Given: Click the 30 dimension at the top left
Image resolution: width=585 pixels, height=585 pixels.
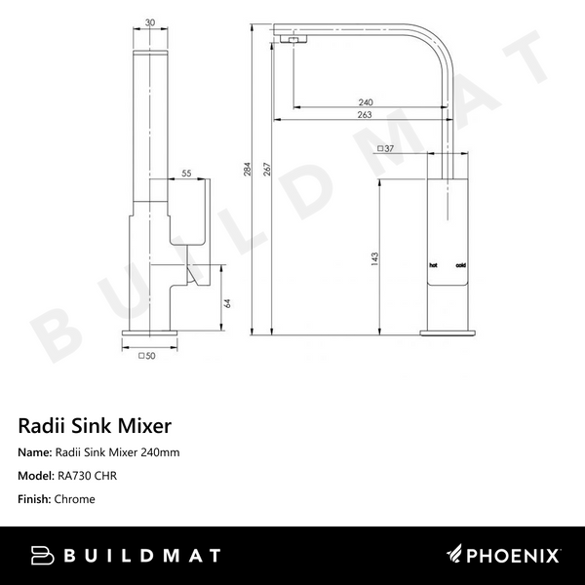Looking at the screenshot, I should pos(149,22).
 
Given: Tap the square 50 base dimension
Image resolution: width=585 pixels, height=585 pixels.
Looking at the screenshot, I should pos(149,356).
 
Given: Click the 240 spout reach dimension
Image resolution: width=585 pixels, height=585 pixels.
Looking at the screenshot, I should pos(367,102).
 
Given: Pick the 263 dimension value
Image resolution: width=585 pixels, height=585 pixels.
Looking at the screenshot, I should pos(367,116).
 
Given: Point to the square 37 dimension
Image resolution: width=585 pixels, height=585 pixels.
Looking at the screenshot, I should pos(385,148).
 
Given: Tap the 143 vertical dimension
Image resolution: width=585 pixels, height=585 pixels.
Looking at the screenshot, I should pos(374,258).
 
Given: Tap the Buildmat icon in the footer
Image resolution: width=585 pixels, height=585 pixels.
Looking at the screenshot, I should pos(41,556).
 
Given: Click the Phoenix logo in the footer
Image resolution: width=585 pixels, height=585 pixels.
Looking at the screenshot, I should pos(503,556).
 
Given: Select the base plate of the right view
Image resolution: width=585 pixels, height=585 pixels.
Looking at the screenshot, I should pos(448,333).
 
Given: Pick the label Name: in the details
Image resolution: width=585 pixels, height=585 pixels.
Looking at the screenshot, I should pos(34,452).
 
